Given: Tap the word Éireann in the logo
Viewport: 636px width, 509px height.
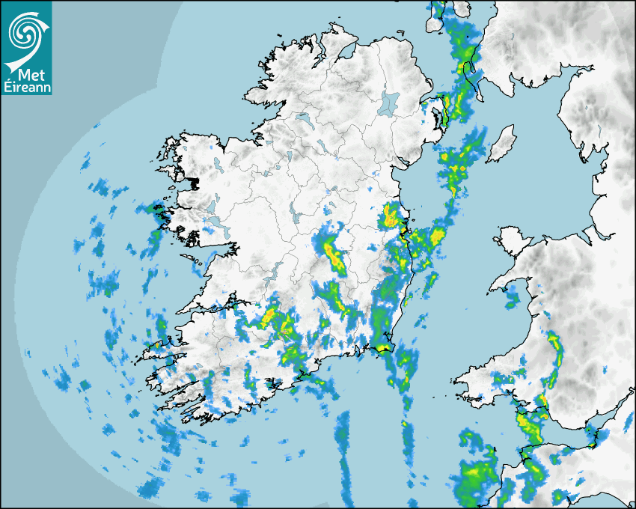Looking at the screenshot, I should (x=27, y=88).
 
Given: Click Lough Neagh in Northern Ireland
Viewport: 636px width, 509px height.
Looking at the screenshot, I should (x=389, y=103).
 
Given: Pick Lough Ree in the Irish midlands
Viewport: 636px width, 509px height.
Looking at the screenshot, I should (x=298, y=216).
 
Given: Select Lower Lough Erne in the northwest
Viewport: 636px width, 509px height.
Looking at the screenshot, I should (x=304, y=120).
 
